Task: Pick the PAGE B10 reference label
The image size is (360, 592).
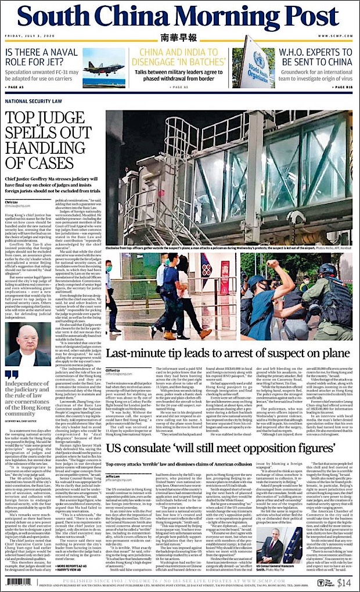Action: coord(343,87)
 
